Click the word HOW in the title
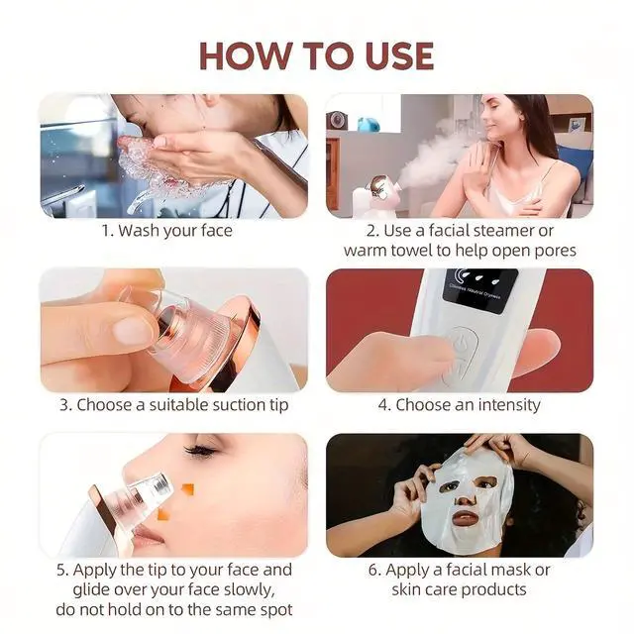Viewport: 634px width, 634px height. click(x=246, y=55)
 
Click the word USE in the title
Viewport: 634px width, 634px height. click(x=399, y=55)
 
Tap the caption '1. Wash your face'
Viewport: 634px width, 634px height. click(x=167, y=231)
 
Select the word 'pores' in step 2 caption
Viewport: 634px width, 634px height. click(x=556, y=252)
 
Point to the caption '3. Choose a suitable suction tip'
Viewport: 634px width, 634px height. click(x=174, y=405)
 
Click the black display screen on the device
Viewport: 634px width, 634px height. click(x=479, y=290)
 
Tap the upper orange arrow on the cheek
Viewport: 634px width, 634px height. click(x=187, y=489)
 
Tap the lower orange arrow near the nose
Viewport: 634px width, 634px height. click(x=162, y=514)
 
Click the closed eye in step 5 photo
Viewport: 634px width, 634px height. click(x=200, y=450)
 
